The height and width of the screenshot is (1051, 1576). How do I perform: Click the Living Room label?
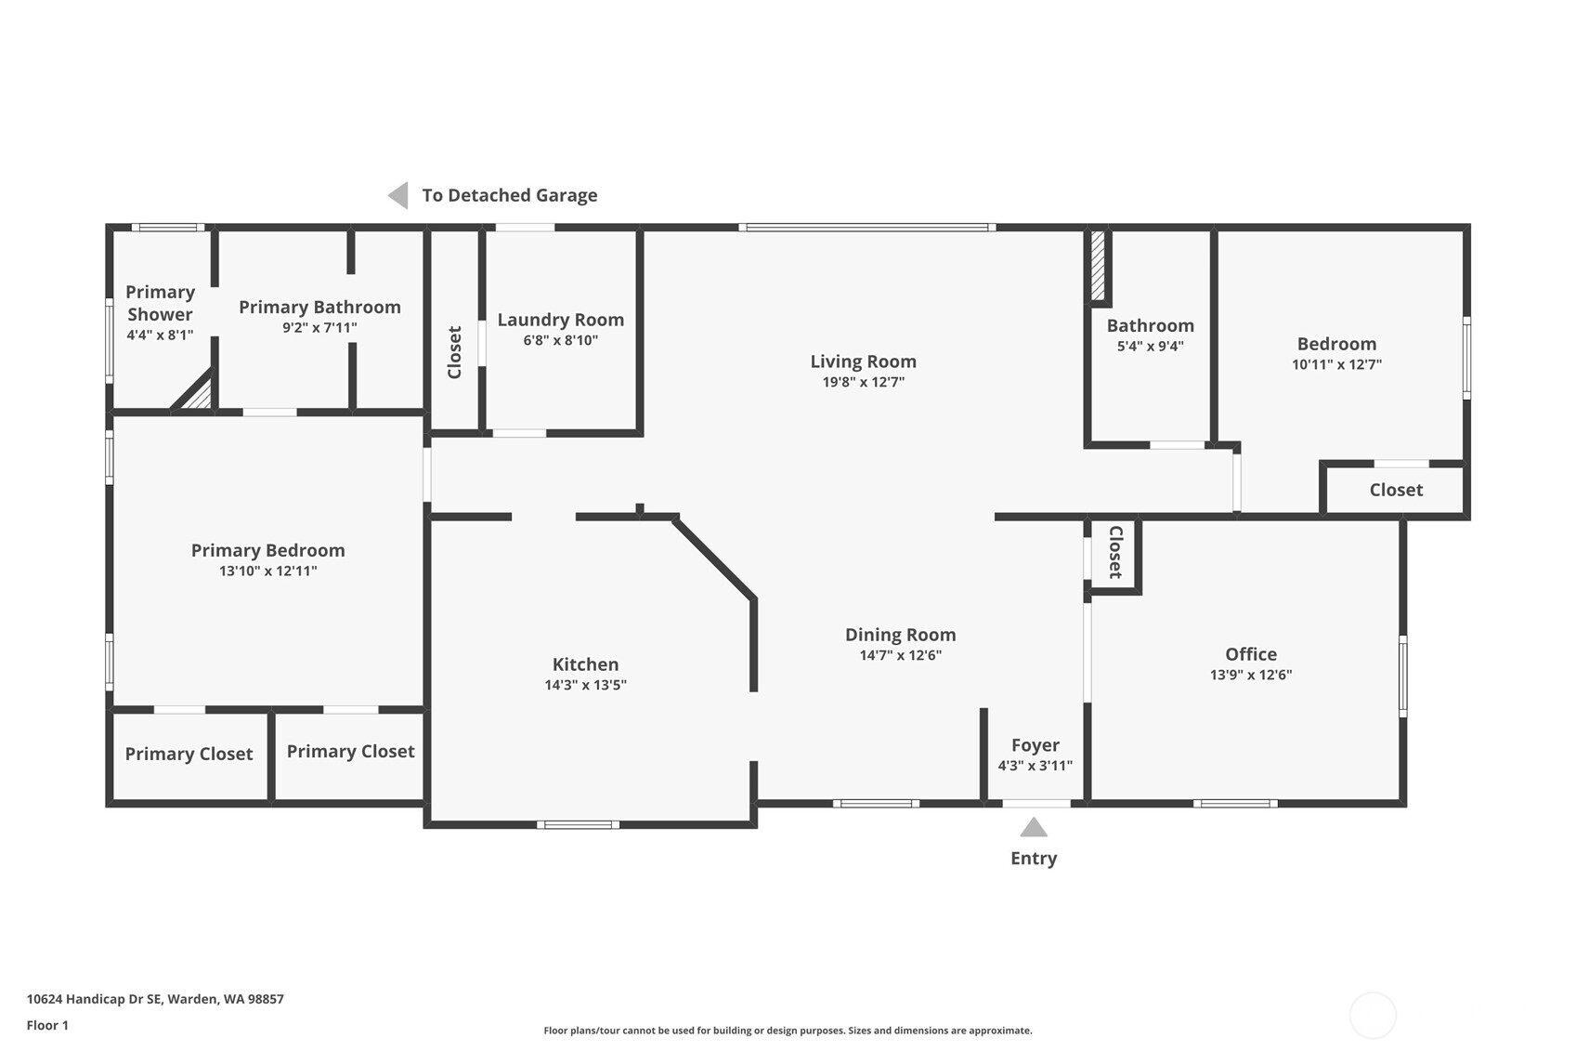pyautogui.click(x=863, y=361)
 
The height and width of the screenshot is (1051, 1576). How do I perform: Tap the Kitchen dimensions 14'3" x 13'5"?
pyautogui.click(x=585, y=686)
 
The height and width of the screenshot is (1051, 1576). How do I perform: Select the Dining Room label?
pyautogui.click(x=900, y=635)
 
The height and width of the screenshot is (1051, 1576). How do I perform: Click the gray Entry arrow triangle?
pyautogui.click(x=1034, y=827)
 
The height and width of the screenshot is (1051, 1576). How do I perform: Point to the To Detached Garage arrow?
pyautogui.click(x=398, y=195)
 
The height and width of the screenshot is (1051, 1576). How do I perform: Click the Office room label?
pyautogui.click(x=1250, y=654)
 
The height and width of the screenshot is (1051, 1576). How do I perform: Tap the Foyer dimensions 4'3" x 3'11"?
pyautogui.click(x=1035, y=766)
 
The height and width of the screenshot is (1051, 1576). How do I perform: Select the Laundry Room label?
pyautogui.click(x=560, y=320)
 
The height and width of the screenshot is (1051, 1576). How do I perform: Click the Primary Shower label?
pyautogui.click(x=160, y=303)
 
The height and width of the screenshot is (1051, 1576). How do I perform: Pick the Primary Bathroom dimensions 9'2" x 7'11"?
pyautogui.click(x=319, y=328)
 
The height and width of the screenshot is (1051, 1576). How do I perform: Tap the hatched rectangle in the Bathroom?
pyautogui.click(x=1098, y=266)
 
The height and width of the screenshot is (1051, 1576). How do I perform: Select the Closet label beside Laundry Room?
pyautogui.click(x=454, y=352)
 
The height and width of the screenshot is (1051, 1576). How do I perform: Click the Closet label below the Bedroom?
pyautogui.click(x=1395, y=490)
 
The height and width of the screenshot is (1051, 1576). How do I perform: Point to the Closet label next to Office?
pyautogui.click(x=1115, y=552)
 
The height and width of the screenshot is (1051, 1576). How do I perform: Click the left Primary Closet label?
pyautogui.click(x=189, y=754)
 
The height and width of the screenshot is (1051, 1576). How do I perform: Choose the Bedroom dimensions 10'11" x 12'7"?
pyautogui.click(x=1335, y=365)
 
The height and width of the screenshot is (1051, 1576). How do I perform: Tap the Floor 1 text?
pyautogui.click(x=47, y=1025)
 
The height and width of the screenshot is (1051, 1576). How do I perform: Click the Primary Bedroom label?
pyautogui.click(x=267, y=550)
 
